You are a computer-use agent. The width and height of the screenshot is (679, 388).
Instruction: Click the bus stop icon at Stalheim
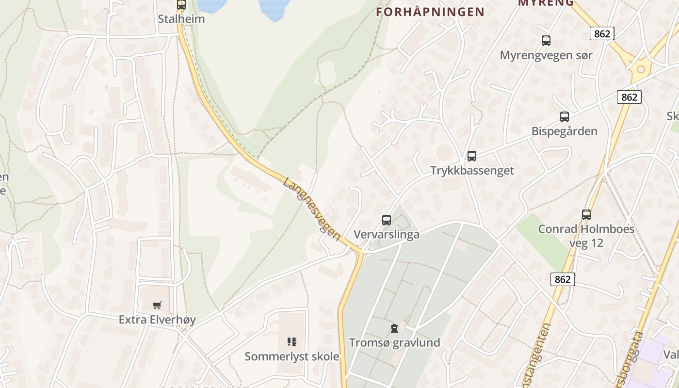click(181, 5)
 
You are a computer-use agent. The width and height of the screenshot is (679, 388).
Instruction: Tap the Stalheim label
click(181, 19)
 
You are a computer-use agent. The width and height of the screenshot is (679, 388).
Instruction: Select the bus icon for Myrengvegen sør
click(546, 41)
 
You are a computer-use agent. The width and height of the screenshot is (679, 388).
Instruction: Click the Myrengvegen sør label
click(546, 55)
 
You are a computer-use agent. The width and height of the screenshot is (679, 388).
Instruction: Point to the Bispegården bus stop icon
click(565, 117)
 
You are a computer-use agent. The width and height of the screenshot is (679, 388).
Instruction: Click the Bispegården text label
click(565, 131)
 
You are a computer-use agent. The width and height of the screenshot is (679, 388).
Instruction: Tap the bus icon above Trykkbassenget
click(472, 156)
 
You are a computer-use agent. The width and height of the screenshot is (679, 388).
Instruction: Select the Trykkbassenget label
click(472, 171)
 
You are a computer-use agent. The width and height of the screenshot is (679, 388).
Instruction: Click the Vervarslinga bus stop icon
click(387, 220)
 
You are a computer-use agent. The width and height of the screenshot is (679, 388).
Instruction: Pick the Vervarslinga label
click(387, 235)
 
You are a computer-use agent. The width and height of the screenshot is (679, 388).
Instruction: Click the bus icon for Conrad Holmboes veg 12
click(586, 214)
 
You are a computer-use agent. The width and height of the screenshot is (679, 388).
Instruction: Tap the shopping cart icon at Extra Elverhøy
click(157, 305)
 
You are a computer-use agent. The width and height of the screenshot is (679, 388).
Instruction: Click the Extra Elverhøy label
click(158, 320)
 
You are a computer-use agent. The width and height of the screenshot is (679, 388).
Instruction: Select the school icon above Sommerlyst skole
click(292, 342)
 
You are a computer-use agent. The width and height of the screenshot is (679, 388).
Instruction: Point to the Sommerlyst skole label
click(292, 356)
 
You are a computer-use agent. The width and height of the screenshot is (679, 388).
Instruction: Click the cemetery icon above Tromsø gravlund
click(394, 328)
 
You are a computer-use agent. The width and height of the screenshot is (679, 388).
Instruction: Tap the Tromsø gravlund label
click(394, 343)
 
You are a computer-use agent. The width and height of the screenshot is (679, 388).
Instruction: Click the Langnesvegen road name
click(312, 209)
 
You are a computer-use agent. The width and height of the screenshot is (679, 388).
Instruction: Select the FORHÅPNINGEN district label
click(430, 12)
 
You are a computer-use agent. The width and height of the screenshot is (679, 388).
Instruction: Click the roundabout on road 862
click(641, 69)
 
